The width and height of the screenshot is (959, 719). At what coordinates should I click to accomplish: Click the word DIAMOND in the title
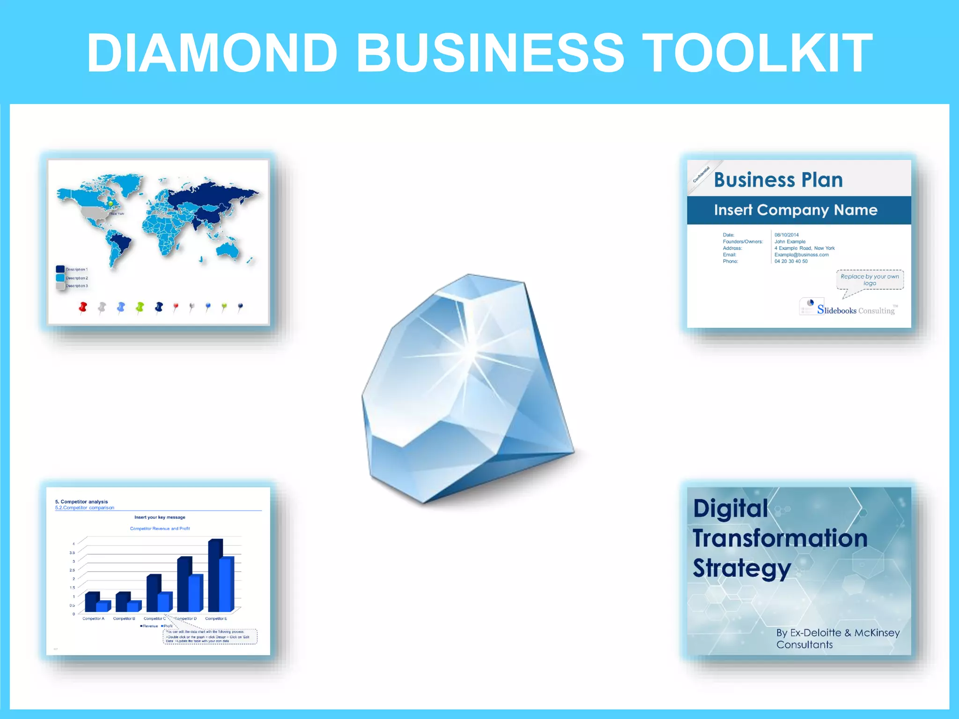click(212, 52)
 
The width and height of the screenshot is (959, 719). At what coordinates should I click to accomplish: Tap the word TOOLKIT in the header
click(759, 52)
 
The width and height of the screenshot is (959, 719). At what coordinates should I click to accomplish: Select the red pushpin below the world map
click(83, 307)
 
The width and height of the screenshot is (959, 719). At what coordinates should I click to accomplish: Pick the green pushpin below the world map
click(140, 307)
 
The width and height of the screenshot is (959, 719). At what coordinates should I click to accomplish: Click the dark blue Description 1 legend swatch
click(60, 269)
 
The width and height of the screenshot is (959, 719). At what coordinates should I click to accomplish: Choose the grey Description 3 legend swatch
click(60, 286)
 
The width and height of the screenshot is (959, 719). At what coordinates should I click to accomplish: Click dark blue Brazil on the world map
click(123, 242)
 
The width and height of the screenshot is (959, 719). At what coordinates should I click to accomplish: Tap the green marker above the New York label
click(111, 204)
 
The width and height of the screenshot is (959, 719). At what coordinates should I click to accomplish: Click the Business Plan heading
click(778, 180)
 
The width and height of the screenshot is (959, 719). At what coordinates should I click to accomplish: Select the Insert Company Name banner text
click(795, 210)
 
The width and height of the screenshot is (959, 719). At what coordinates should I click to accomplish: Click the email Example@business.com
click(801, 255)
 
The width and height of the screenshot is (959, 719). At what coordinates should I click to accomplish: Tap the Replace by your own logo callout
click(870, 279)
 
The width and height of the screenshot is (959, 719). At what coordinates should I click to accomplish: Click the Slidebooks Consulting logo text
click(856, 310)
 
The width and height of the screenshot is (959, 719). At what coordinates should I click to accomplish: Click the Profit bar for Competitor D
click(195, 593)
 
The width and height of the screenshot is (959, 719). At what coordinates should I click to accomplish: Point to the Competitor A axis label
click(93, 619)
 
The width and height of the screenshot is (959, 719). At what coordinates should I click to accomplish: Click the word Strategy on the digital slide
click(742, 568)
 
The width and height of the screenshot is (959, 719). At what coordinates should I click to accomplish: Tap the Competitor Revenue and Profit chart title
click(160, 528)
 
